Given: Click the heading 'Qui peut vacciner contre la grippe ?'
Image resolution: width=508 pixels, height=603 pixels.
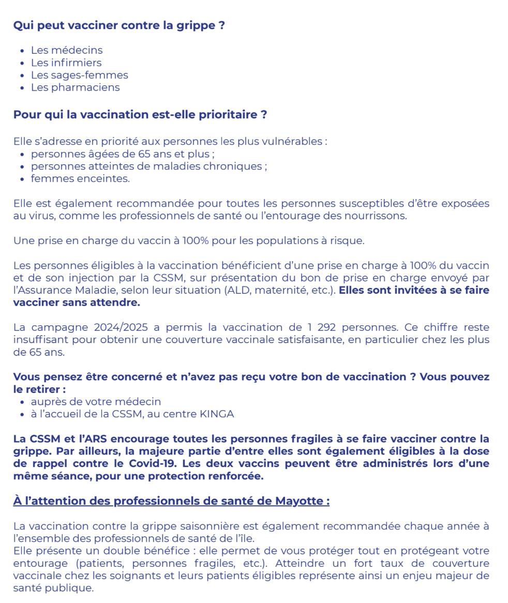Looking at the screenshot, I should [119, 25].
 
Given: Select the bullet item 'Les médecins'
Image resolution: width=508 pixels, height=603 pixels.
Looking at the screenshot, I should [67, 50].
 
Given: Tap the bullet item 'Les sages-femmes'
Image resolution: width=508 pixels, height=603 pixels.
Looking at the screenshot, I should [79, 75].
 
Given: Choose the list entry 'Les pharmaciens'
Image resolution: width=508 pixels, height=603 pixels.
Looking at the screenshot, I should [75, 87].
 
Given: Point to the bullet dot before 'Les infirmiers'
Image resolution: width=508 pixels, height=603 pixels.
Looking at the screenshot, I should [22, 63].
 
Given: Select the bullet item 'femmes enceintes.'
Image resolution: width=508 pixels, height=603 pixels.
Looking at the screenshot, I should [80, 179].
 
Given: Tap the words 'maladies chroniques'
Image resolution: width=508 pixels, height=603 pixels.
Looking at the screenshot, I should [220, 167].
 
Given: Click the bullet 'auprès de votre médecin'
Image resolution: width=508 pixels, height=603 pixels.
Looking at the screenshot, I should [96, 401].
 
